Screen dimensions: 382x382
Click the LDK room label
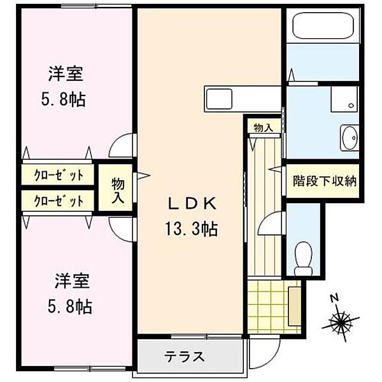point(192,204)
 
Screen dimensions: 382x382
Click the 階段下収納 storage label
point(324,180)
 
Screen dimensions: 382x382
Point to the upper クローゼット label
point(59,174)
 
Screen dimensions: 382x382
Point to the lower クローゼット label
point(59,201)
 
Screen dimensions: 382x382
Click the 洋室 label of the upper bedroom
point(66,74)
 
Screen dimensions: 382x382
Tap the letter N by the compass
point(334,297)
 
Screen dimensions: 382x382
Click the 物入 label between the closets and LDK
point(119,189)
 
